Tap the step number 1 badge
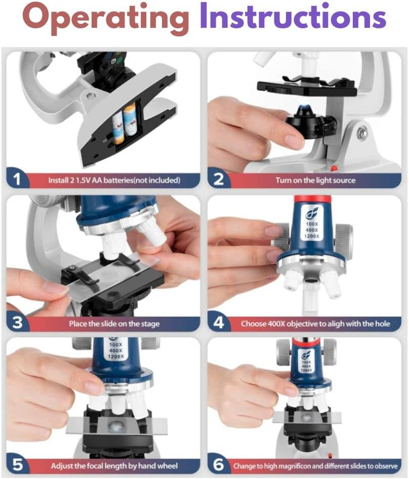(x=17, y=179)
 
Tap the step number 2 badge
(x=219, y=179)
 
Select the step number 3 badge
(x=17, y=322)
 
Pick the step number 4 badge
(x=219, y=322)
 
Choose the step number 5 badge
(x=17, y=464)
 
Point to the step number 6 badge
(x=219, y=464)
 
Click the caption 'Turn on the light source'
(x=315, y=180)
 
